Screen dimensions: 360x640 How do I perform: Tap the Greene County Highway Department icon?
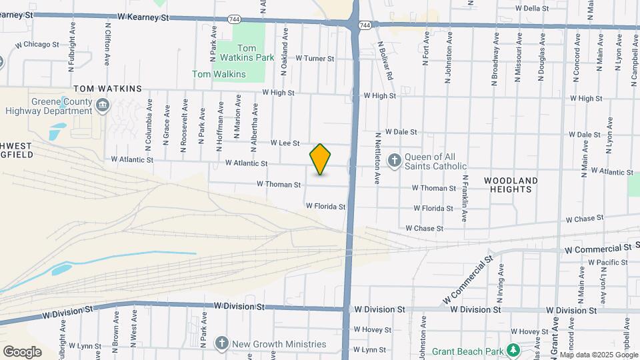(x=103, y=104)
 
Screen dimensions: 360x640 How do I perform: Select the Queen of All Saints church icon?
(x=395, y=160)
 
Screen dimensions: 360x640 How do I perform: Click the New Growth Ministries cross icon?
(x=222, y=343)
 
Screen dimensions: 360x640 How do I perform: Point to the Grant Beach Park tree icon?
(x=513, y=350)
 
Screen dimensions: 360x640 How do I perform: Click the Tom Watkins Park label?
(x=256, y=53)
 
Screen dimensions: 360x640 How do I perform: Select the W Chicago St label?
(x=38, y=45)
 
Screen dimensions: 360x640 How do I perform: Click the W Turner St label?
(x=315, y=59)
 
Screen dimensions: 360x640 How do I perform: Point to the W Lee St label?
(x=285, y=143)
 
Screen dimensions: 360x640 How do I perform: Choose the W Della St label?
(x=532, y=9)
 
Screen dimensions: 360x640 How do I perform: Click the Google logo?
(x=22, y=351)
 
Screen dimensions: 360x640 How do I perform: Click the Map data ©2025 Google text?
(x=599, y=355)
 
